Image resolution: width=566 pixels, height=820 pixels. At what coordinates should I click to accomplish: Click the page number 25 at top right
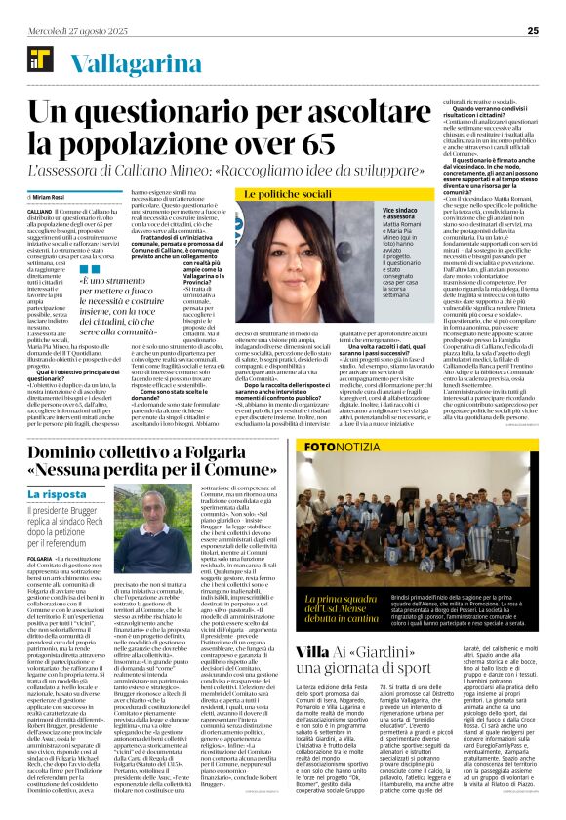pyautogui.click(x=533, y=31)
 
